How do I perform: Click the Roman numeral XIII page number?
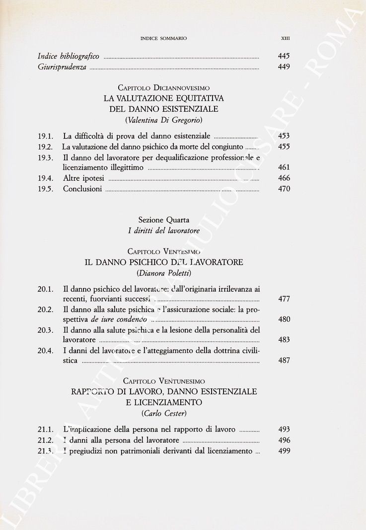[x=286, y=37]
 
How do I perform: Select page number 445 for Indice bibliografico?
[x=284, y=56]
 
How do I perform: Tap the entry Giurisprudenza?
[x=62, y=67]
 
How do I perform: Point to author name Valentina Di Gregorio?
[x=163, y=120]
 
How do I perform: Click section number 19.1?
[x=45, y=136]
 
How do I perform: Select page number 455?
[x=284, y=147]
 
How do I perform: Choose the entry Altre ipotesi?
[x=83, y=178]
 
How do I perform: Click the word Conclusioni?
[x=82, y=189]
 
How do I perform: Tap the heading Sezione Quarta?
[x=163, y=220]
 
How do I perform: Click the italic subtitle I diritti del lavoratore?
[x=163, y=230]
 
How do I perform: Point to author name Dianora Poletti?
[x=163, y=273]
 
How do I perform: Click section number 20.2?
[x=45, y=309]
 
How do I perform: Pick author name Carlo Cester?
[x=163, y=413]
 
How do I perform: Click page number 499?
[x=284, y=451]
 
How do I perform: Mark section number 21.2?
[x=45, y=440]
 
